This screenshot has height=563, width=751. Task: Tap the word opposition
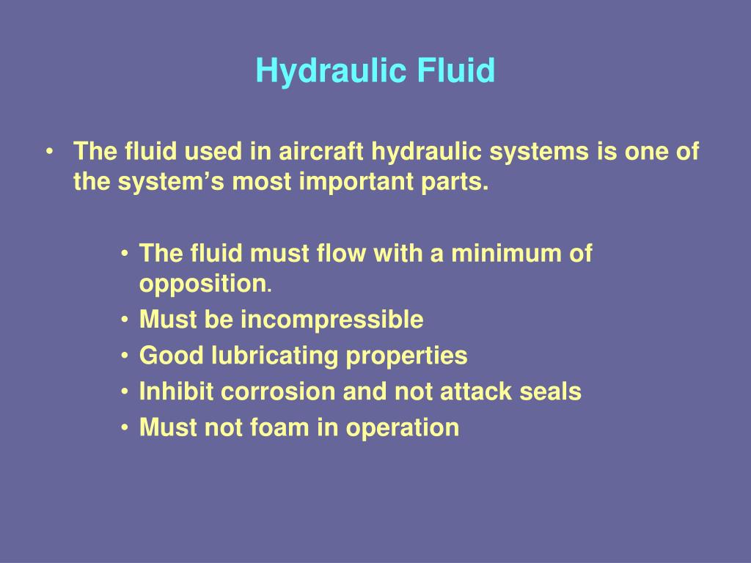pos(203,284)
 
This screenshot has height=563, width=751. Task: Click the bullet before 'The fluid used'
pos(49,152)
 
